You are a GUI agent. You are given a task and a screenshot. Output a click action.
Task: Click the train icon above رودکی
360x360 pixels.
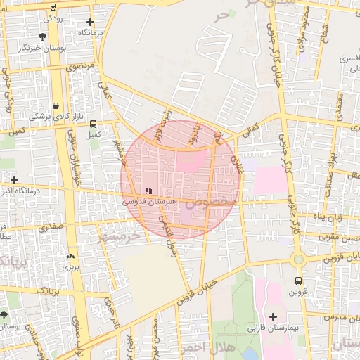click(x=53, y=6)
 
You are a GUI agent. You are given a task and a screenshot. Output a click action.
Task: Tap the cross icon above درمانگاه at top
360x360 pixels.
click(x=90, y=22)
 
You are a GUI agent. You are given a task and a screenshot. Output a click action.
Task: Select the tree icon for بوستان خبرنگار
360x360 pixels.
click(x=44, y=36)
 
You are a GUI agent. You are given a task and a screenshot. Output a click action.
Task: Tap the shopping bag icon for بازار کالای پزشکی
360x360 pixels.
click(x=56, y=105)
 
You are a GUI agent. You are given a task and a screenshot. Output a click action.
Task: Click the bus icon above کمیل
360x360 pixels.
click(x=93, y=124)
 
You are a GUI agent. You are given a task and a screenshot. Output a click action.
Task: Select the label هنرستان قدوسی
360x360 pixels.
click(x=148, y=201)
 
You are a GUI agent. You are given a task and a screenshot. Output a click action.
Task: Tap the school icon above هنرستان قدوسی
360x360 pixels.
click(x=148, y=191)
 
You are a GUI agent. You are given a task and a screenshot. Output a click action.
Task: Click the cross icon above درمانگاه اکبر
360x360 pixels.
click(x=14, y=179)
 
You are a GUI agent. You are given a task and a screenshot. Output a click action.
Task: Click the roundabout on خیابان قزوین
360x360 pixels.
click(x=299, y=259)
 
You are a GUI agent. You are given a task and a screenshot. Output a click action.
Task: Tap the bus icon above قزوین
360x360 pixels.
click(x=298, y=281)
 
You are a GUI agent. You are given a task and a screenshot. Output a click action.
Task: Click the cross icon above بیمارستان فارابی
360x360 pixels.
click(x=274, y=316)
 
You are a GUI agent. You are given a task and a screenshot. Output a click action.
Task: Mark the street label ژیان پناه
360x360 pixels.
click(x=328, y=218)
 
